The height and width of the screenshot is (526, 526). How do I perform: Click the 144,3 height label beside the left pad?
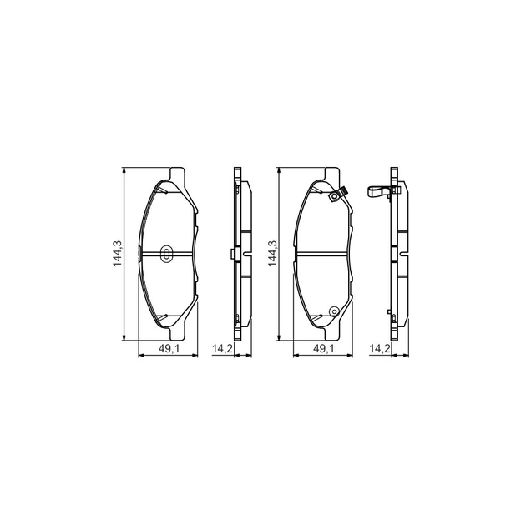[x=118, y=254]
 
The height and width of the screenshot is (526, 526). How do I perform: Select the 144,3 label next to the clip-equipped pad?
[x=272, y=254]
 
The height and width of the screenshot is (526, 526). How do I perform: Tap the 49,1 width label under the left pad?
[x=169, y=349]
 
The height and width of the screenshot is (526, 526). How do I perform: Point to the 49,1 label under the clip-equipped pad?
[x=323, y=349]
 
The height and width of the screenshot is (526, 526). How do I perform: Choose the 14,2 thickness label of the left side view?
[x=222, y=349]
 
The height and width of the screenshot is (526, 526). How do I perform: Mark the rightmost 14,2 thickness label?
[x=380, y=349]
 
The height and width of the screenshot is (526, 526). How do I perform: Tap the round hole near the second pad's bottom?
[x=334, y=311]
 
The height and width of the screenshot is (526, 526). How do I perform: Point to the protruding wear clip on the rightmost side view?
[x=378, y=192]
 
